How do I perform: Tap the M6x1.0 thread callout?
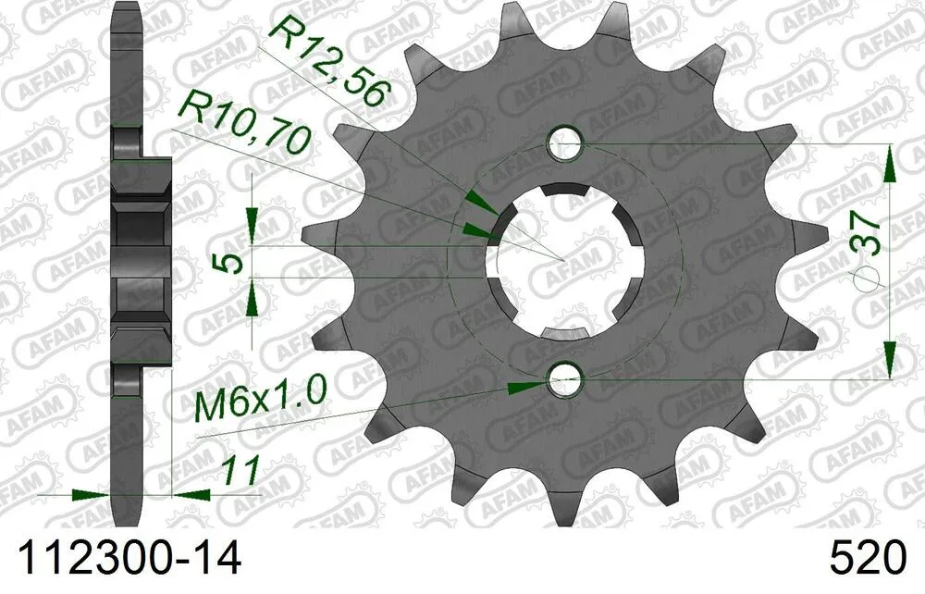coord(262,404)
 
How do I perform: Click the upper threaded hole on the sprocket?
coord(564,142)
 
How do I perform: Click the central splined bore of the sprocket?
coord(564,260)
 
